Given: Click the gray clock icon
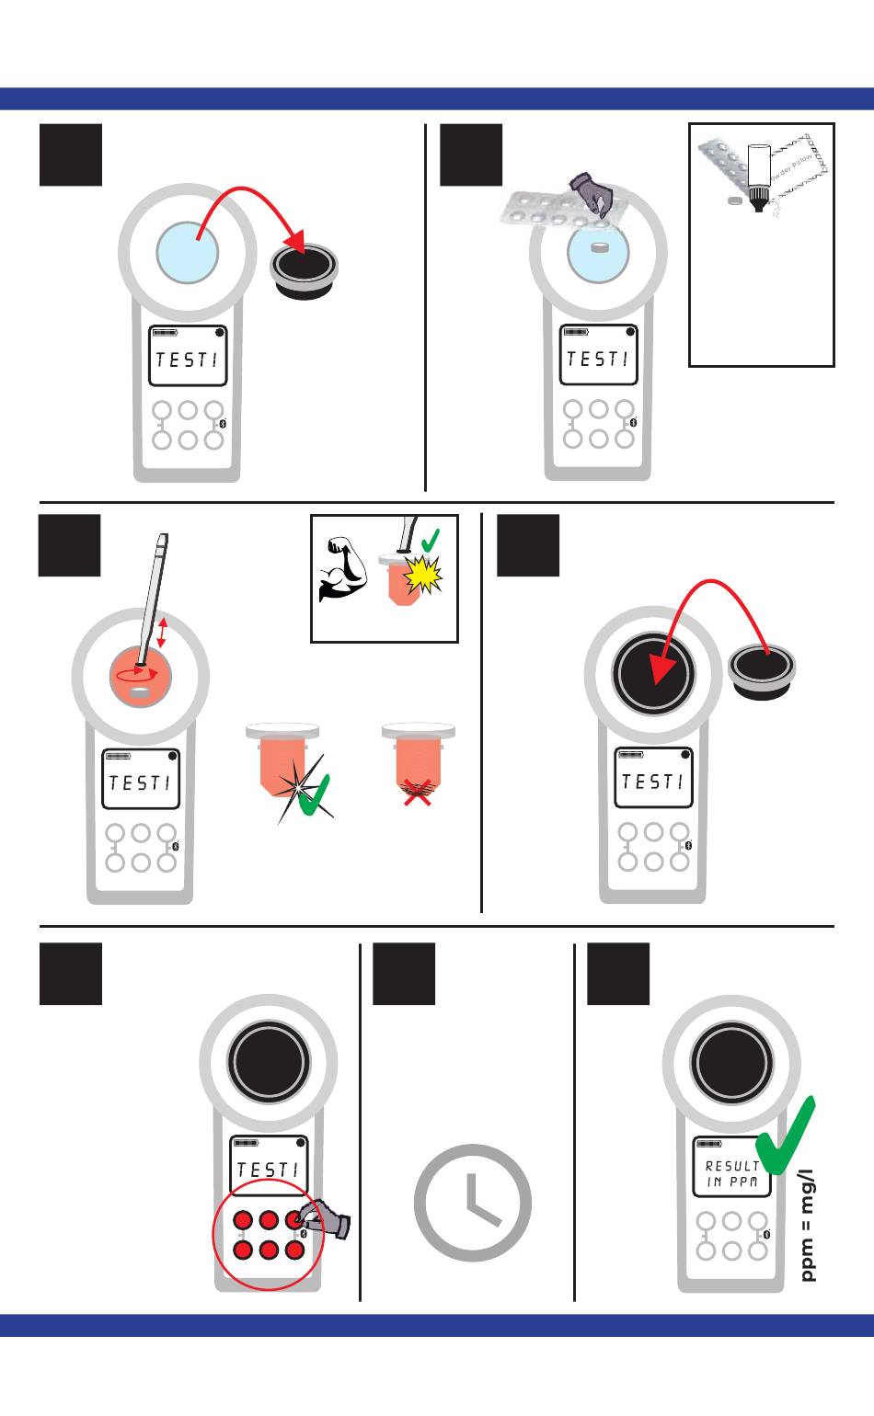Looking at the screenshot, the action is (473, 1203).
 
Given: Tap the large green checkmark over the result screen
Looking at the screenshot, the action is (786, 1137).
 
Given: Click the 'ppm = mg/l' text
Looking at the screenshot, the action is (807, 1226).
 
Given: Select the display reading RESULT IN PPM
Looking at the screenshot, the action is (732, 1174).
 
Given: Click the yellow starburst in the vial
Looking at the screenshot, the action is (423, 576).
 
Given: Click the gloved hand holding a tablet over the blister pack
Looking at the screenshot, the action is (591, 195).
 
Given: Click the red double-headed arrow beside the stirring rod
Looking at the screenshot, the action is (163, 633).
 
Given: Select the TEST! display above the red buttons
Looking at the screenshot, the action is (268, 1170).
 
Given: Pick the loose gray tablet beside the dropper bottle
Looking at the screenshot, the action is (734, 200).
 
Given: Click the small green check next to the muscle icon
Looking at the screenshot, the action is (429, 540).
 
